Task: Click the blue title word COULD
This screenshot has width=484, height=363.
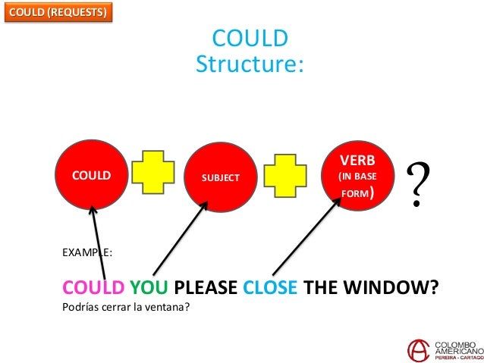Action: coord(249,39)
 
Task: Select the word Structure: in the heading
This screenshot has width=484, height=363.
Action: coord(249,64)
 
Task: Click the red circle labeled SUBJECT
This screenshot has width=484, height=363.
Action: coord(220,177)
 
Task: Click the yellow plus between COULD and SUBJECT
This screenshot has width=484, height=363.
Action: coord(153,177)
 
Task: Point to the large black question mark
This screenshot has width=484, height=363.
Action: coord(417,186)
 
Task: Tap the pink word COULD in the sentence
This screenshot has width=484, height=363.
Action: coord(93,289)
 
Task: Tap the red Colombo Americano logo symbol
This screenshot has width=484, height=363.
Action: coord(417,349)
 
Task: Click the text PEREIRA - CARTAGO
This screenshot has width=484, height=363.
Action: coord(455,357)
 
